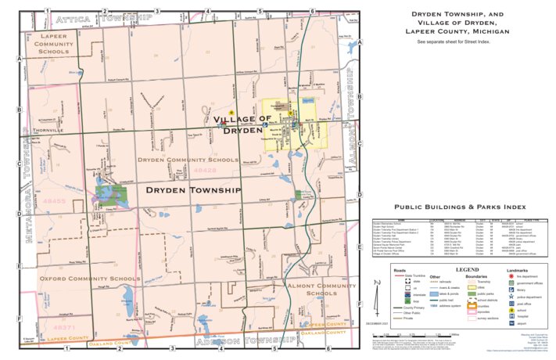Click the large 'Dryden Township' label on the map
pyautogui.click(x=192, y=190)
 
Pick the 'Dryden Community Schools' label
pyautogui.click(x=187, y=160)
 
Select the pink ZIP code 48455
pyautogui.click(x=55, y=201)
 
